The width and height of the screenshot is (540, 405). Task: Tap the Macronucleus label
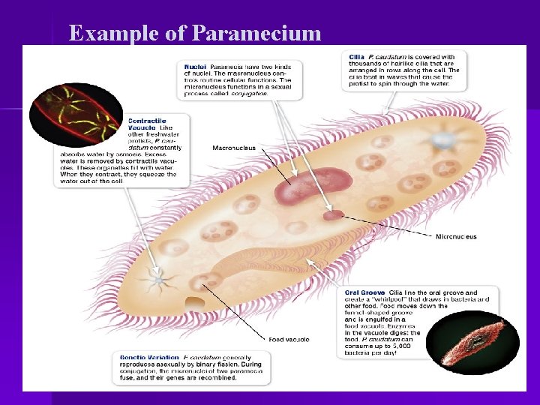point(234,148)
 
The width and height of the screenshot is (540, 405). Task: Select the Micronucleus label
point(456,237)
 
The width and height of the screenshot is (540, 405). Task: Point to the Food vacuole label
point(289,340)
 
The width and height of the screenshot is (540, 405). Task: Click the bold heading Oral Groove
point(364,292)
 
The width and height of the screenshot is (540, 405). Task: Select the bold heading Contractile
point(146,120)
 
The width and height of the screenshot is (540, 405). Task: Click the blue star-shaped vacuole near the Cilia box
point(442,141)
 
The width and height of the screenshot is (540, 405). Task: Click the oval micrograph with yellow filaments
point(75,113)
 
